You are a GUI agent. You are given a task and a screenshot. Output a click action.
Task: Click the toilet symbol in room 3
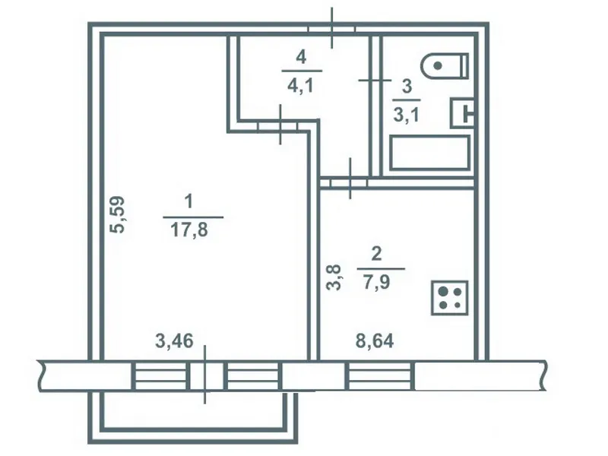(x=445, y=66)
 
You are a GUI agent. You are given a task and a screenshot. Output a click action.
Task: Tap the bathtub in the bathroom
(x=429, y=153)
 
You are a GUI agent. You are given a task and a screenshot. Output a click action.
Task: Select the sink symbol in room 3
(x=462, y=112)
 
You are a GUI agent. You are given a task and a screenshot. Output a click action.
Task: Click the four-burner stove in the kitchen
(x=450, y=298)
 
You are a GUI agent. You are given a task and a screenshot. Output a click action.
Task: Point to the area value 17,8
(x=189, y=230)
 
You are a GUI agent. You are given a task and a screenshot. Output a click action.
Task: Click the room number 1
(x=188, y=202)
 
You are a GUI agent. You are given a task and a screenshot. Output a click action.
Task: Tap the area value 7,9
(x=376, y=282)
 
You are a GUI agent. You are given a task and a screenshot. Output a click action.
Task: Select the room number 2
(x=376, y=254)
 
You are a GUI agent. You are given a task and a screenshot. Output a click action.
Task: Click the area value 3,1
(x=407, y=115)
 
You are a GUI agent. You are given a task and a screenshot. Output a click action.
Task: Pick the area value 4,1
(x=300, y=85)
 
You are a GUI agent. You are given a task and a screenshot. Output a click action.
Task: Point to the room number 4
(x=301, y=57)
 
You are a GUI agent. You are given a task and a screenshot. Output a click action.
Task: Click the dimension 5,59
(x=117, y=214)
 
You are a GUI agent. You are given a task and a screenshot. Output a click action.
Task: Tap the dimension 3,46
(x=174, y=340)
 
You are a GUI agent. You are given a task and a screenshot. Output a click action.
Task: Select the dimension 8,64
(x=375, y=340)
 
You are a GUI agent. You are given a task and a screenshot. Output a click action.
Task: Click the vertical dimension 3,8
(x=334, y=277)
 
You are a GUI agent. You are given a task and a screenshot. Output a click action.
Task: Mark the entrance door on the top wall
(x=331, y=28)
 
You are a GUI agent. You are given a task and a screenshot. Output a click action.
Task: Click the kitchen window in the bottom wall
(x=380, y=375)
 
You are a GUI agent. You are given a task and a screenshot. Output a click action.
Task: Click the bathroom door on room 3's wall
(x=375, y=81)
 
